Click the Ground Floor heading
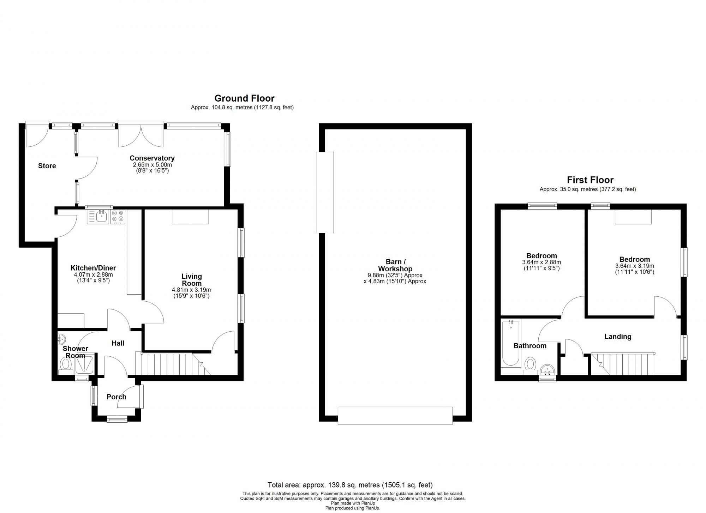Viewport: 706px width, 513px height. pos(244,98)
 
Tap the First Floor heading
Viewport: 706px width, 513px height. pos(590,180)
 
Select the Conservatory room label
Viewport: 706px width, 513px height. pos(152,158)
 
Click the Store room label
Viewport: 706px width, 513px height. pos(47,166)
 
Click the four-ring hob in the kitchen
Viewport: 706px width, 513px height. pos(118,217)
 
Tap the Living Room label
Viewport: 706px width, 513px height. pos(192,280)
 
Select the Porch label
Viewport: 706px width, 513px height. pos(116,397)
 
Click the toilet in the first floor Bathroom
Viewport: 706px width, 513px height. pos(530,365)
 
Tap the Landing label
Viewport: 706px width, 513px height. pos(618,337)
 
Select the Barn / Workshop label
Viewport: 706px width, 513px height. pos(395,265)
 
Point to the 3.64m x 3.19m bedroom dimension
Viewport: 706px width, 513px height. pos(635,266)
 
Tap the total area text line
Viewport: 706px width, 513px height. pos(350,485)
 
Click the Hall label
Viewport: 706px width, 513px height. pos(118,343)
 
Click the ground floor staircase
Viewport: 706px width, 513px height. pos(173,363)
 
